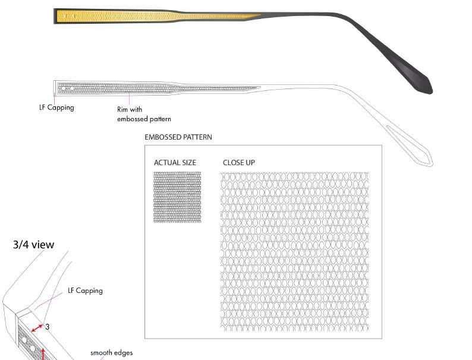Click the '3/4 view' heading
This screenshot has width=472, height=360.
(x=34, y=245)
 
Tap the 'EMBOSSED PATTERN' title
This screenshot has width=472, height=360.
(x=178, y=137)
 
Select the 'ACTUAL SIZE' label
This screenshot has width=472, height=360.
(x=175, y=163)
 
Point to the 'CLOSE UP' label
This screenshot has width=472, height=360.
(x=239, y=163)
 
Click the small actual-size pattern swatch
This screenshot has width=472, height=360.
(x=177, y=197)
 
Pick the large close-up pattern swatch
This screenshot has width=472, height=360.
(x=294, y=252)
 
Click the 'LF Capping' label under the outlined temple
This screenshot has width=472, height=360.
(x=56, y=108)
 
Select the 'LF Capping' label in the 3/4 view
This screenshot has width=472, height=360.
(x=85, y=290)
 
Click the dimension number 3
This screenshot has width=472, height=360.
(x=47, y=327)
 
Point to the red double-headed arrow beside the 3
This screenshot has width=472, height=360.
(x=37, y=328)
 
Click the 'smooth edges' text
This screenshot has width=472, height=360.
(x=111, y=353)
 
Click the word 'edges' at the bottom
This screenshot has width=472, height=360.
(x=124, y=353)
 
